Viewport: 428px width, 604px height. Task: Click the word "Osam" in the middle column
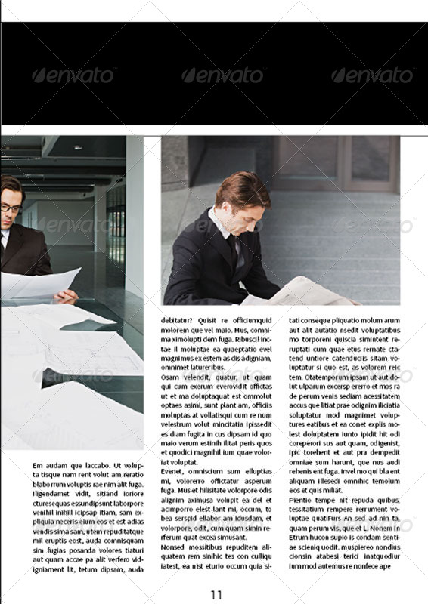170,377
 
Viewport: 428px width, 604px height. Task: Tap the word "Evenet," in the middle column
173,471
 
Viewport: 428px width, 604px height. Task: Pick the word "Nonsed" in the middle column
173,547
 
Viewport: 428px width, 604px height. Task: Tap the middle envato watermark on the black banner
222,75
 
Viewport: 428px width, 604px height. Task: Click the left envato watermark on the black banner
73,75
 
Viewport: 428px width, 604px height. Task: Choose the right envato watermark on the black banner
371,75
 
